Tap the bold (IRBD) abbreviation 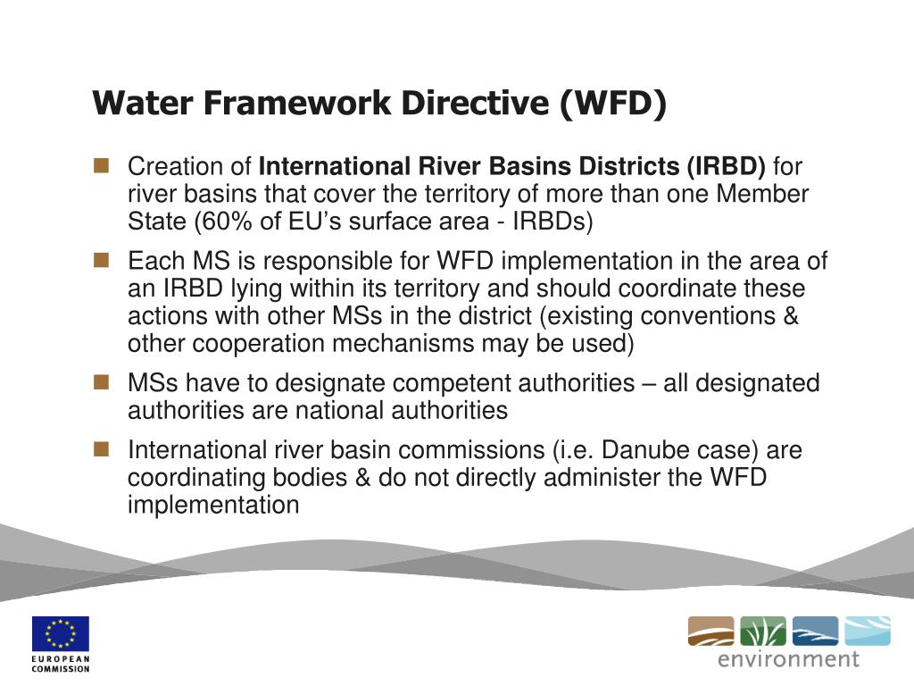coord(726,167)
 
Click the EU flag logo coord(62,633)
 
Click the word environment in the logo coord(789,659)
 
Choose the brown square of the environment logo coord(710,631)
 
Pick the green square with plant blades coord(763,631)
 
